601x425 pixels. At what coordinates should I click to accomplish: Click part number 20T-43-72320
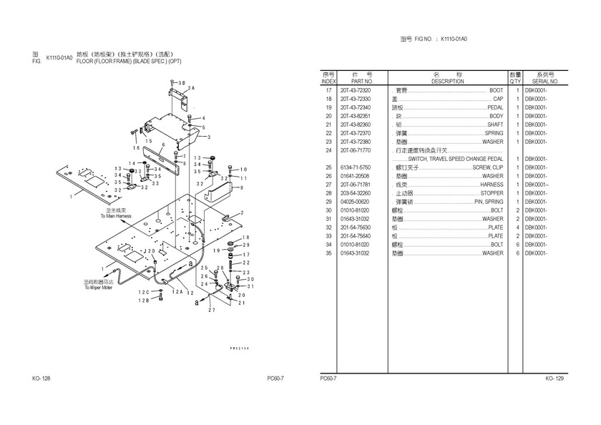click(356, 91)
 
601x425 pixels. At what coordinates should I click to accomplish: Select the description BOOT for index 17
click(496, 91)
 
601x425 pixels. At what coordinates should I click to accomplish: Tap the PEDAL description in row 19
click(495, 108)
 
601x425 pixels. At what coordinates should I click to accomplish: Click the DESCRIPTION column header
click(448, 82)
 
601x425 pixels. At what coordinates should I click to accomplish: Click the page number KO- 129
click(554, 378)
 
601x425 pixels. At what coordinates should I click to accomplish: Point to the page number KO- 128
click(41, 378)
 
